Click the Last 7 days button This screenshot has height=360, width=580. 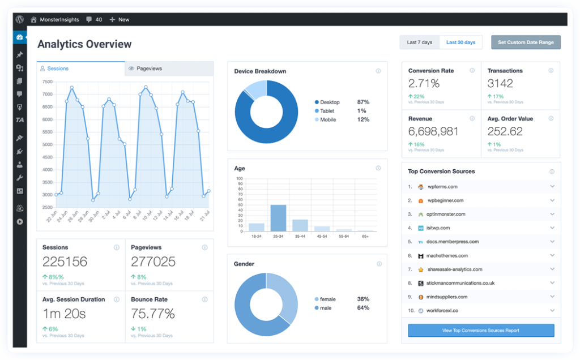pos(419,42)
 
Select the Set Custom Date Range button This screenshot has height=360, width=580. pos(526,42)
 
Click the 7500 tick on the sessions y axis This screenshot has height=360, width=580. pos(47,82)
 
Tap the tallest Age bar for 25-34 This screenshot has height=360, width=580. pos(278,217)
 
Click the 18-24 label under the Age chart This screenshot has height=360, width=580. pos(256,236)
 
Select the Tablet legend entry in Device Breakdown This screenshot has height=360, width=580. pos(327,111)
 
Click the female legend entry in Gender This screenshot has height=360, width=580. pos(327,299)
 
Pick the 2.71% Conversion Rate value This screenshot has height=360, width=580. pos(424,84)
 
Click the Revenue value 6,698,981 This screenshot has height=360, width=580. pos(433,131)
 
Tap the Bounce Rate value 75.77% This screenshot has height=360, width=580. pos(152,313)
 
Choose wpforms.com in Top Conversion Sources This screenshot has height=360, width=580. pos(442,187)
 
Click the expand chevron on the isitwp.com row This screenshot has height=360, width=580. pos(552,228)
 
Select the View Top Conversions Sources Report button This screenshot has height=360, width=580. pos(481,331)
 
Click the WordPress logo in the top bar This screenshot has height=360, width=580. pos(20,19)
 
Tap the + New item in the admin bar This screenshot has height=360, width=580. pos(120,19)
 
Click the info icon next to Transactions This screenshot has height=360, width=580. pos(551,71)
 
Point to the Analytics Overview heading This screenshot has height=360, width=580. pos(84,44)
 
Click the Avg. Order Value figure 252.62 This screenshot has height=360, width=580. pos(505,131)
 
